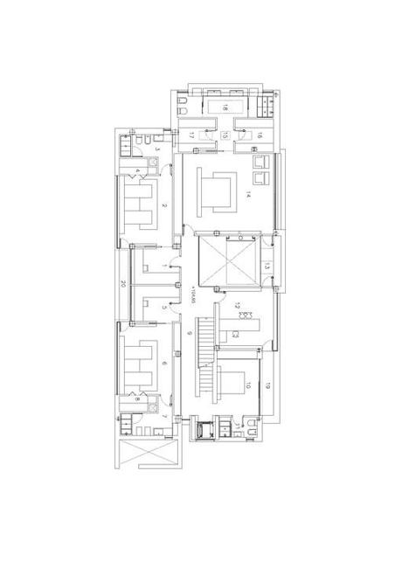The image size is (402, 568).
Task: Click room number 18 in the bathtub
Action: click(x=225, y=107)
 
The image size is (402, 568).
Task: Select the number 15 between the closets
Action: click(x=225, y=135)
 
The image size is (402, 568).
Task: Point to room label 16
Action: click(x=260, y=135)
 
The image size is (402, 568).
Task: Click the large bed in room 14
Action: click(x=217, y=191)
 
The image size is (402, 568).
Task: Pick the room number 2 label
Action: click(x=163, y=206)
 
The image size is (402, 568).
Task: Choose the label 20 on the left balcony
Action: click(x=122, y=283)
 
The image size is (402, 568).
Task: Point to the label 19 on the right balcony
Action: click(x=268, y=384)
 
